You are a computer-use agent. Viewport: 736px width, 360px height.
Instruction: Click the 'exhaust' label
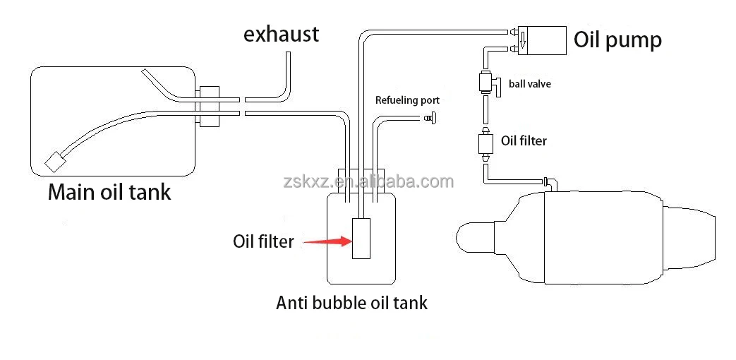281,33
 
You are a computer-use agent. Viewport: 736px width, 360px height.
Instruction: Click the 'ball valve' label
529,84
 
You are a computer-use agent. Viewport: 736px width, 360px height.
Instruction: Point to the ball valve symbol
488,83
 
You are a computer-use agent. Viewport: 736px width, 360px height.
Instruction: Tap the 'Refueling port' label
407,100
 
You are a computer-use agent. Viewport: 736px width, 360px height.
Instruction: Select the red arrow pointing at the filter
325,241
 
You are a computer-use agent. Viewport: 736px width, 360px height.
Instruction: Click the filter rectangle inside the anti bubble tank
361,239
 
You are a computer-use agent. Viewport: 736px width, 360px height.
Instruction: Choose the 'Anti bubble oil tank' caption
351,304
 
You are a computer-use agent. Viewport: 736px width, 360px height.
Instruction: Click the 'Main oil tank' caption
109,192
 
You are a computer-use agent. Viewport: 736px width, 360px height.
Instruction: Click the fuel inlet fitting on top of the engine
550,184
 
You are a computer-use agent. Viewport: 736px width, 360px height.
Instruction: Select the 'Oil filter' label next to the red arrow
263,241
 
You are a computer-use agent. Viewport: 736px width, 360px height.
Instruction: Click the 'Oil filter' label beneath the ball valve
524,140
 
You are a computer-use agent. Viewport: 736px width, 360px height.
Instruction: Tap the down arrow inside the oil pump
523,44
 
